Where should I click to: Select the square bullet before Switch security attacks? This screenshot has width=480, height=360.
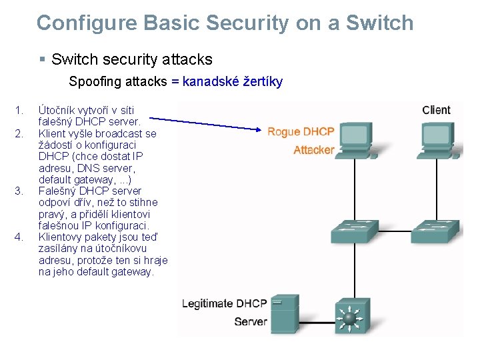click(x=42, y=60)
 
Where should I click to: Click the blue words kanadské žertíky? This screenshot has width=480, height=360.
click(x=233, y=82)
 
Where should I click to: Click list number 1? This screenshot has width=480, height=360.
click(x=19, y=110)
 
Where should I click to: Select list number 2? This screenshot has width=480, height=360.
click(x=19, y=134)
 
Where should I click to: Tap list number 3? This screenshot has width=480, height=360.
click(x=19, y=191)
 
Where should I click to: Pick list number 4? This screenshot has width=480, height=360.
click(x=19, y=237)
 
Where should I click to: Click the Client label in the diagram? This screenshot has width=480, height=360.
click(x=436, y=110)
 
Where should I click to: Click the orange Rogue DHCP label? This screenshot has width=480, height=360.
click(x=301, y=132)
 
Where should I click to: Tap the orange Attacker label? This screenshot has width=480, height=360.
click(x=313, y=150)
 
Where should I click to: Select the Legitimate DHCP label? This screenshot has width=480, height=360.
click(x=225, y=304)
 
